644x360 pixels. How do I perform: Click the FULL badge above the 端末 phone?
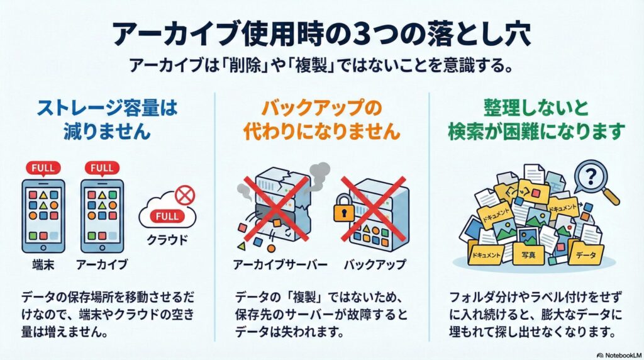coord(42,168)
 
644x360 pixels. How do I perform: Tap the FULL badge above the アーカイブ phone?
coord(101,168)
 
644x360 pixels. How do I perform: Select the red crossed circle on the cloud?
coord(184,195)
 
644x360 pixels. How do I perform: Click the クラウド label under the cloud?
coord(167,240)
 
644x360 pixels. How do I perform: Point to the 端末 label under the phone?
coord(42,264)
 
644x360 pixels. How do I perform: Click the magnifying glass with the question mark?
coord(592,177)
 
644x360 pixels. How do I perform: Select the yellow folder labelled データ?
coord(586,255)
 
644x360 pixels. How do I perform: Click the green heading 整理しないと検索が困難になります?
coord(536,120)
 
